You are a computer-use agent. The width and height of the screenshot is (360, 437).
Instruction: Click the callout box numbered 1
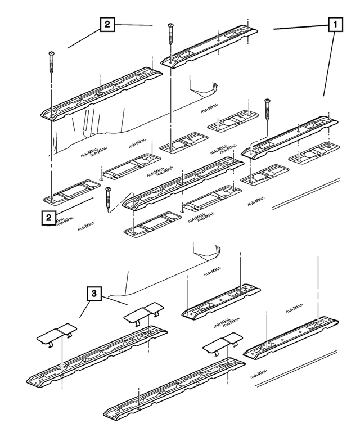[x=335, y=25]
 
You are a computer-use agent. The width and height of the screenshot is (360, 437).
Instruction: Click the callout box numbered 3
[x=94, y=294]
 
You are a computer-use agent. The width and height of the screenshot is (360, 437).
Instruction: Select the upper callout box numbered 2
[x=107, y=25]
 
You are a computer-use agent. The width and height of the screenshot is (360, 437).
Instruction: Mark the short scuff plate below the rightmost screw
[x=291, y=137]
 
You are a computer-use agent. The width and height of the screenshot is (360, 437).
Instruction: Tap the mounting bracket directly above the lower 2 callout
[x=72, y=191]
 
